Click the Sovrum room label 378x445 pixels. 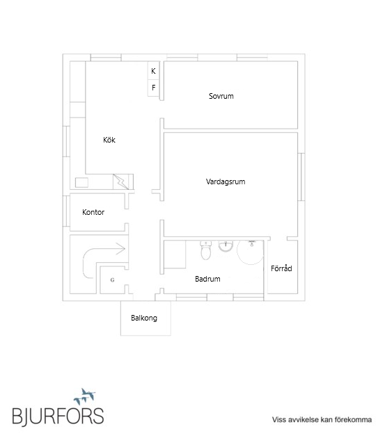221,96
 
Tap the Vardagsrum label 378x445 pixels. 226,181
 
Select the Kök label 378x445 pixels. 109,140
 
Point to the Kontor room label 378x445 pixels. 93,212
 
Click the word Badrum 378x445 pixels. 207,279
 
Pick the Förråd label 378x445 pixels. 282,268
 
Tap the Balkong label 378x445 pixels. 144,318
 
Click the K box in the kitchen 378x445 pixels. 154,71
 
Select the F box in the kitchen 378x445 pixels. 154,88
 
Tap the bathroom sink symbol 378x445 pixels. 226,245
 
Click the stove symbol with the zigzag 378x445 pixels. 121,181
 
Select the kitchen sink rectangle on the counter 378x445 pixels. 82,183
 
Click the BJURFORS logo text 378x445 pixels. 58,416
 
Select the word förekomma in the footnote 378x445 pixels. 354,420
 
